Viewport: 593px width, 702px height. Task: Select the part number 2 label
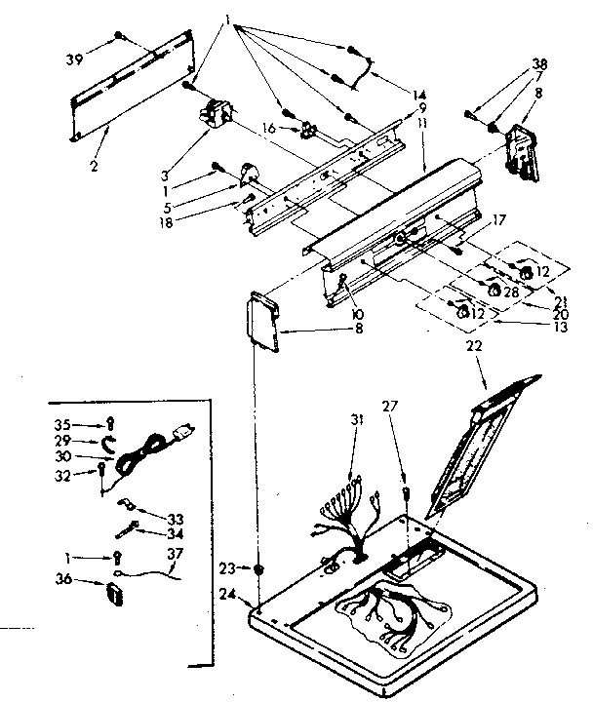click(x=95, y=139)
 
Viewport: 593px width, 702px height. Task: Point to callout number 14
click(x=419, y=96)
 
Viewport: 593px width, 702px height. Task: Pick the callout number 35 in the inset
click(x=62, y=425)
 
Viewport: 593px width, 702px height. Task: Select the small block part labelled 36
click(x=115, y=589)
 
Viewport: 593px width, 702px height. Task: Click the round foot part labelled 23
click(x=258, y=568)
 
